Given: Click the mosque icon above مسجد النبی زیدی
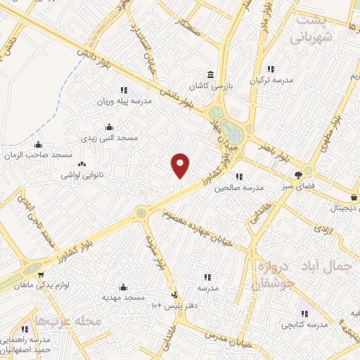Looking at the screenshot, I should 108,127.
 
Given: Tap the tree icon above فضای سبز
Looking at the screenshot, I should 300,175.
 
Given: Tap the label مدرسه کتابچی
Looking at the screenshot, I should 305,325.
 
